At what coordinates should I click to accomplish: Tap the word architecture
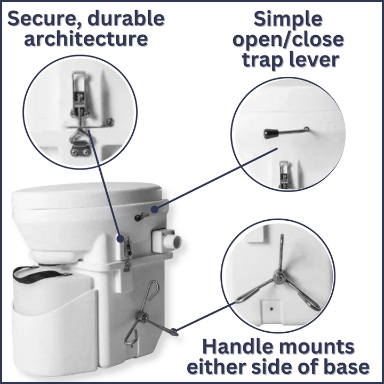tap(85, 39)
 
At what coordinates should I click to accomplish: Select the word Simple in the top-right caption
tap(288, 19)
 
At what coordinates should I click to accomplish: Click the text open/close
tap(288, 40)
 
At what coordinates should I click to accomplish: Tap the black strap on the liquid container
tap(41, 273)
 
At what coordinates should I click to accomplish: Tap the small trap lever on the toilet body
tap(141, 216)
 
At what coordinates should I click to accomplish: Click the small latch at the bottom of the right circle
tap(284, 176)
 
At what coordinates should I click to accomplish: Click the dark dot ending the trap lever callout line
tap(154, 210)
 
